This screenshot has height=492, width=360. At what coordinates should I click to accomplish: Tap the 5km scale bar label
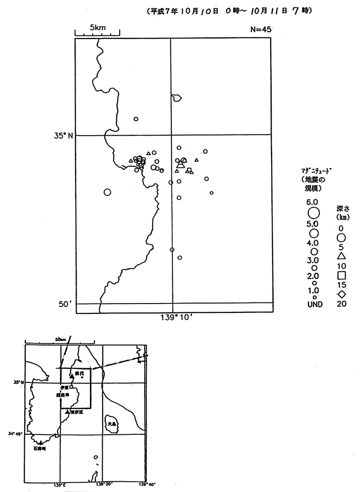(97, 28)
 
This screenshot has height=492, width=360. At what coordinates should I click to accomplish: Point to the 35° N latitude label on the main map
(63, 135)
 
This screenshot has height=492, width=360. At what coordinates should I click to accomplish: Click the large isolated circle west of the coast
(107, 192)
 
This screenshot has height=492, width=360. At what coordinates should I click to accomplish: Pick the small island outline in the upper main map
(176, 98)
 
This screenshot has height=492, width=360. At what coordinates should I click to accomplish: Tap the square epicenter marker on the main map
(189, 170)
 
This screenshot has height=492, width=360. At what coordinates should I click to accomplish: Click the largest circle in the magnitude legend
(313, 213)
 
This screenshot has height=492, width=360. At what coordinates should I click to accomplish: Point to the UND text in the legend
(314, 304)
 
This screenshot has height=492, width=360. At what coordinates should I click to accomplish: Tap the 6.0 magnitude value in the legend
(313, 202)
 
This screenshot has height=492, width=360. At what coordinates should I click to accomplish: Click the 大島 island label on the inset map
(112, 423)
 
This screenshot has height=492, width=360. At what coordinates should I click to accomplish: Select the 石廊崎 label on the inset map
(39, 449)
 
